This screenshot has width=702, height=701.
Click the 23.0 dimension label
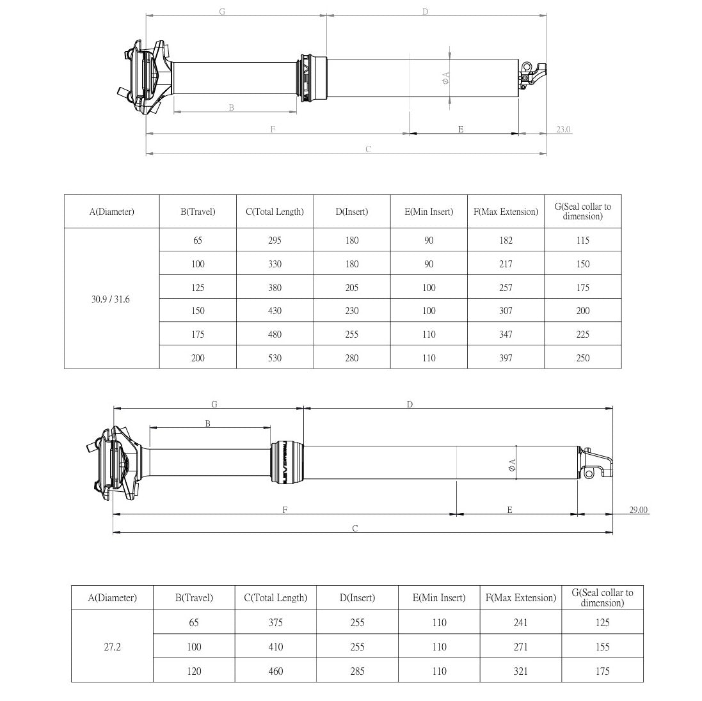coord(563,130)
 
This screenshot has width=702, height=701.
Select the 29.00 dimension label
coord(638,510)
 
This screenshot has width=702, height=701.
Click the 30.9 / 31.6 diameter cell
coord(111,299)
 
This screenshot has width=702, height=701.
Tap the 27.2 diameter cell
coord(112,647)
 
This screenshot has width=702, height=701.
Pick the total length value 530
coord(275,358)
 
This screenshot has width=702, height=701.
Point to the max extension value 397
coord(506,358)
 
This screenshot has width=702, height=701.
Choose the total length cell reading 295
coord(275,240)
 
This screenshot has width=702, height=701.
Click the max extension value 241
coord(520,622)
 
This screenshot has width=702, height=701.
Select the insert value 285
coord(357,671)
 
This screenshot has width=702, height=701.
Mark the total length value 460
coord(275,671)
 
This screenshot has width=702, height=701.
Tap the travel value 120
coord(194,671)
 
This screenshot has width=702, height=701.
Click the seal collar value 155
coord(602,647)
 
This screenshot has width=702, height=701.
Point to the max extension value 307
coord(506,311)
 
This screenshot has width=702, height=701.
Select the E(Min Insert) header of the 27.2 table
coord(439,598)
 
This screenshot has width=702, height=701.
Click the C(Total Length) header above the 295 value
coord(275,212)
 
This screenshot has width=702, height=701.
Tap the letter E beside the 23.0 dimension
coord(461,129)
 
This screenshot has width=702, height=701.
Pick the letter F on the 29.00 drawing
coord(284,510)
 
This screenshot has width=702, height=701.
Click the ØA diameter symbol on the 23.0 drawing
coord(446,78)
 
